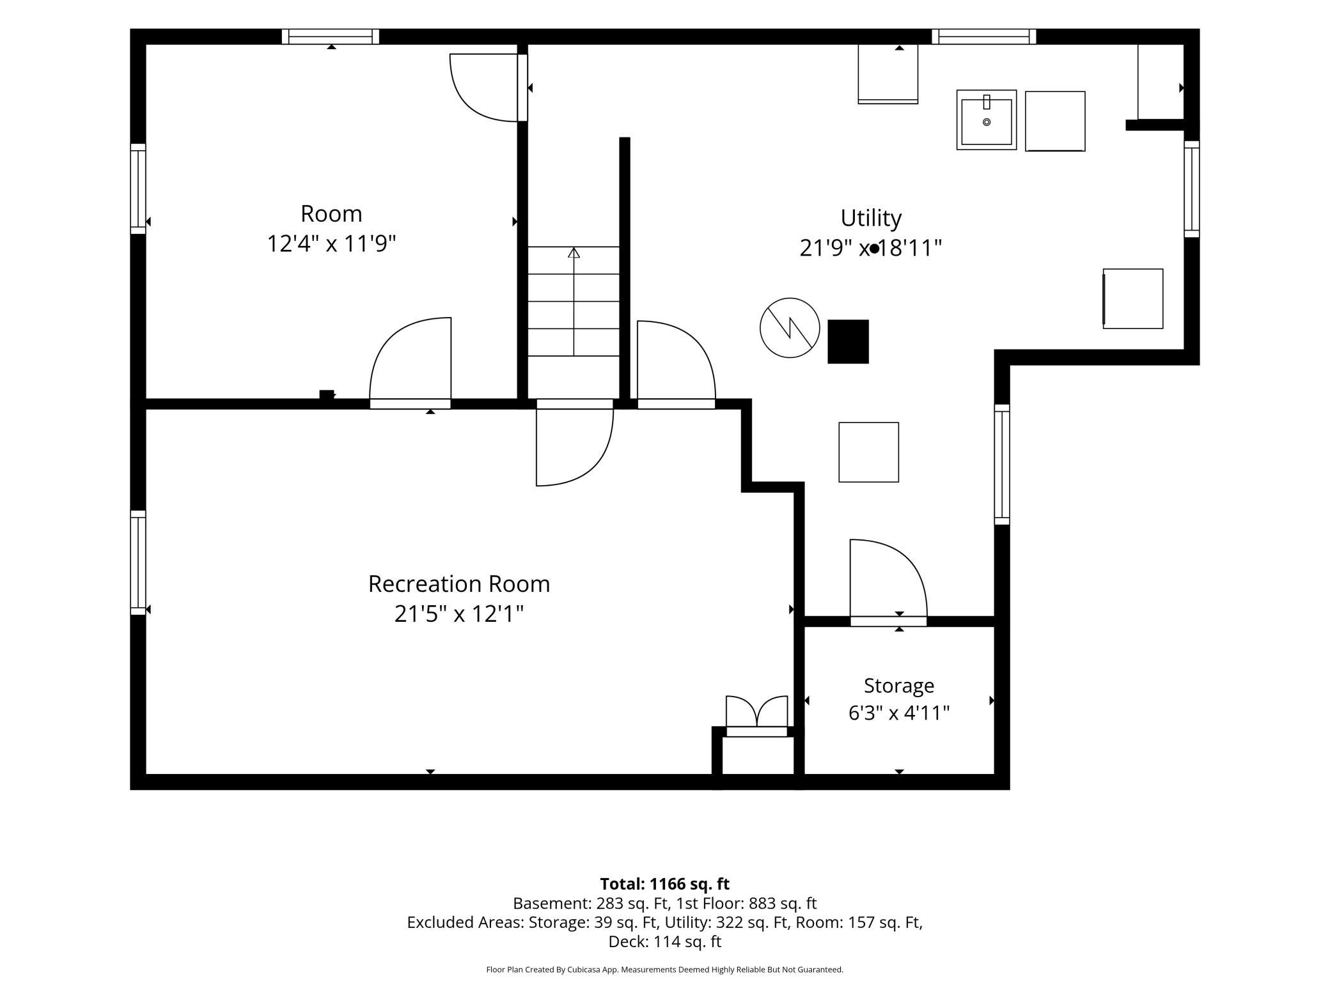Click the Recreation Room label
tap(459, 584)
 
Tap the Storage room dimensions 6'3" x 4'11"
tap(899, 713)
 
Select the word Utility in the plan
tap(871, 218)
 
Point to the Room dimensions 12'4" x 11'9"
tap(331, 243)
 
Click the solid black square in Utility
tap(848, 342)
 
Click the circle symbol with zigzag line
tap(790, 328)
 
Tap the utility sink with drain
tap(987, 120)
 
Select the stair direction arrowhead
tap(574, 252)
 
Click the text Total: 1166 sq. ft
tap(665, 884)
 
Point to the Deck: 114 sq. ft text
tap(665, 941)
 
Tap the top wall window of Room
tap(331, 36)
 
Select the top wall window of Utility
tap(983, 36)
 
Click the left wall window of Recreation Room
tap(138, 562)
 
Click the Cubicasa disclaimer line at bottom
tap(665, 970)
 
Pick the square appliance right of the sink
tap(1055, 121)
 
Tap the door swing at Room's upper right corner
tap(484, 88)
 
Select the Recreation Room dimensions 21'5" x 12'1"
tap(459, 614)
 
